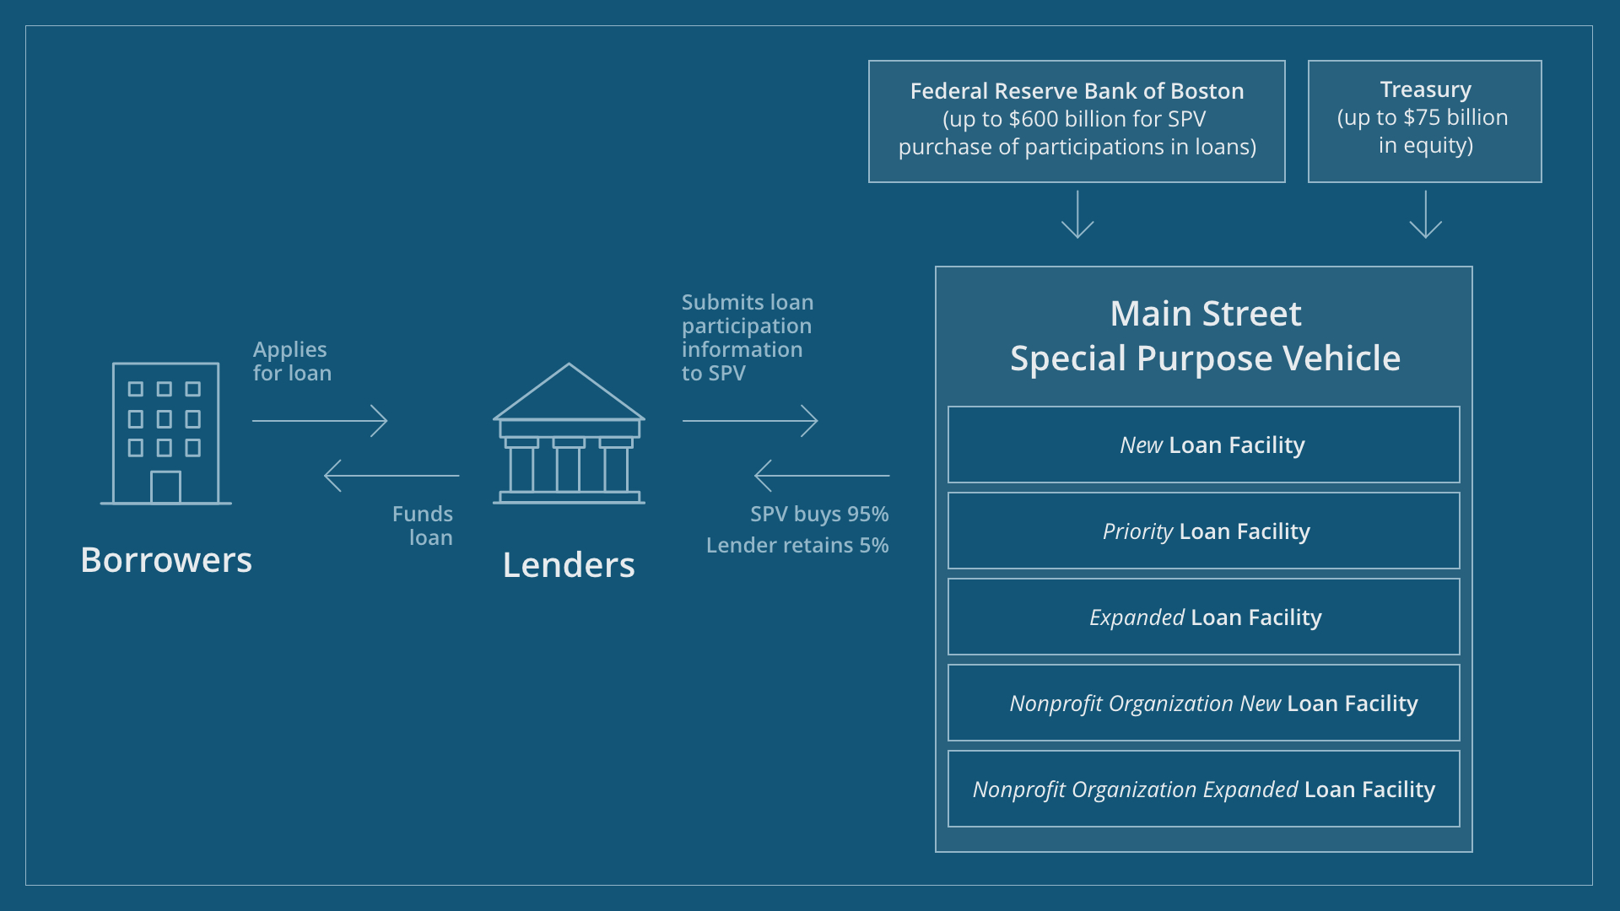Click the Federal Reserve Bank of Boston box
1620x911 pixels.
(x=1077, y=121)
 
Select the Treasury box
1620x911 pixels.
(x=1424, y=121)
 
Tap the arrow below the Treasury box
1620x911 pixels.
(x=1425, y=215)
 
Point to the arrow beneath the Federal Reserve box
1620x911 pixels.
(x=1077, y=215)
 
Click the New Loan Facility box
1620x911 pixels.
(x=1203, y=445)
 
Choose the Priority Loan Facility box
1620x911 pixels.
(x=1203, y=531)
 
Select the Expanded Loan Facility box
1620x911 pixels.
(x=1203, y=617)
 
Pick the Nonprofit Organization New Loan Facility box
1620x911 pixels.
(x=1203, y=703)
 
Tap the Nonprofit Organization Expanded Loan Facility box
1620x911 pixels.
(x=1203, y=789)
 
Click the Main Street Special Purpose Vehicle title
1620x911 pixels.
(x=1205, y=336)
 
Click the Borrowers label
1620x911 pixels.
(x=166, y=560)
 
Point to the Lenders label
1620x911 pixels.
(x=568, y=565)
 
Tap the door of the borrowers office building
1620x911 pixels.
(x=165, y=488)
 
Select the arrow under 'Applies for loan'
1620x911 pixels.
(x=320, y=420)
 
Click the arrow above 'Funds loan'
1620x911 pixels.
(x=391, y=476)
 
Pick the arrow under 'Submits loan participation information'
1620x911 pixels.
(x=749, y=420)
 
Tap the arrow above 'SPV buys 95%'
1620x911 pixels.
(x=822, y=476)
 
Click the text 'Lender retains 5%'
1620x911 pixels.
(x=797, y=546)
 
